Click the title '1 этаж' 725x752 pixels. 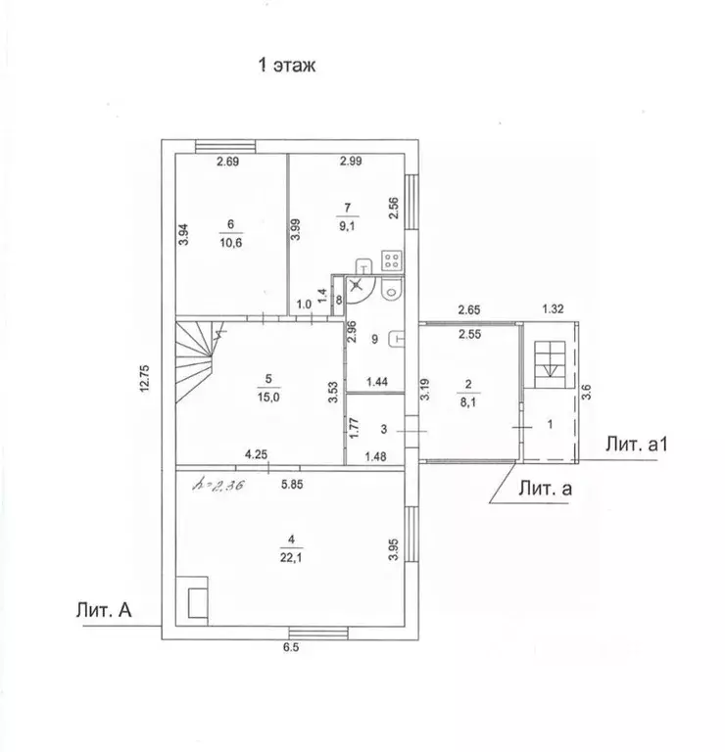pyautogui.click(x=287, y=65)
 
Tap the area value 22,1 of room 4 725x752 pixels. pyautogui.click(x=291, y=558)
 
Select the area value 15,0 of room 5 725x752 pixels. pyautogui.click(x=268, y=398)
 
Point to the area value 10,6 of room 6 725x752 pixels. pyautogui.click(x=231, y=243)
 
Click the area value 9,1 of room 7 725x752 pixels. pyautogui.click(x=347, y=225)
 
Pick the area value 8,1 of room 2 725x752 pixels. pyautogui.click(x=467, y=401)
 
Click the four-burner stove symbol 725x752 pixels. pyautogui.click(x=392, y=260)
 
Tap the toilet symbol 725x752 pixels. pyautogui.click(x=391, y=290)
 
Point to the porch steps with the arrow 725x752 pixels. pyautogui.click(x=551, y=364)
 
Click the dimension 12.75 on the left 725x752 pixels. pyautogui.click(x=145, y=379)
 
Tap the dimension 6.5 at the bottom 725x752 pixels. pyautogui.click(x=291, y=647)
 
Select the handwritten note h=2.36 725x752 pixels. pyautogui.click(x=218, y=486)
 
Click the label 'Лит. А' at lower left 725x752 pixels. pyautogui.click(x=104, y=610)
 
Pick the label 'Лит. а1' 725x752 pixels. pyautogui.click(x=636, y=445)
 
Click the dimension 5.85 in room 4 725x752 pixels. pyautogui.click(x=292, y=485)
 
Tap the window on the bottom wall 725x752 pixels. pyautogui.click(x=318, y=634)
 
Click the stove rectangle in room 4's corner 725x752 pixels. pyautogui.click(x=192, y=601)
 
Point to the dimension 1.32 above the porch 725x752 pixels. pyautogui.click(x=553, y=308)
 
